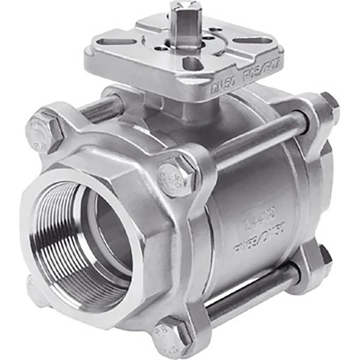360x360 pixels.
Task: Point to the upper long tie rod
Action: point(258,141)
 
